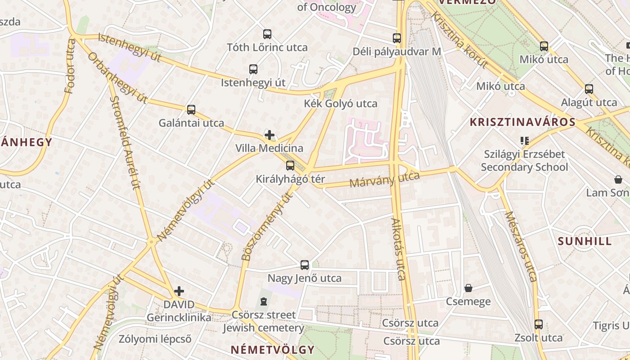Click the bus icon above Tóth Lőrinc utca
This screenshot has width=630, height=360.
pos(267,34)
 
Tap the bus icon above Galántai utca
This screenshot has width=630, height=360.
pos(191,109)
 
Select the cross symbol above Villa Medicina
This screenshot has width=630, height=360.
pos(269,135)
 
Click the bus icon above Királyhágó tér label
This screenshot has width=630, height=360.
pos(290,165)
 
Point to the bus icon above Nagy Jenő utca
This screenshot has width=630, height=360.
pos(305,265)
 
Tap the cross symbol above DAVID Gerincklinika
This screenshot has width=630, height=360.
pos(179,291)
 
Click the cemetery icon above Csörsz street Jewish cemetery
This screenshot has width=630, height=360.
pos(264,301)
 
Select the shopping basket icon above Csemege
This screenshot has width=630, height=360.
pos(468,288)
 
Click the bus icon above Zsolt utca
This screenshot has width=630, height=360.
pos(538,324)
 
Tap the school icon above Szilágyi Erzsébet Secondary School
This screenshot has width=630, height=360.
pos(524,140)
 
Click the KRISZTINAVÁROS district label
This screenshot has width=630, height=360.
pos(522,122)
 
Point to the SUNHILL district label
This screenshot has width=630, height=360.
pos(585,241)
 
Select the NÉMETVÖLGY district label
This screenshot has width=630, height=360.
pos(272,350)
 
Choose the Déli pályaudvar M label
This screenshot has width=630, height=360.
pos(396,51)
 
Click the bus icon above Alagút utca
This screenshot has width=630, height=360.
pos(589,89)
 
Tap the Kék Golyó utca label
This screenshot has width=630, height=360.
pos(341,103)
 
